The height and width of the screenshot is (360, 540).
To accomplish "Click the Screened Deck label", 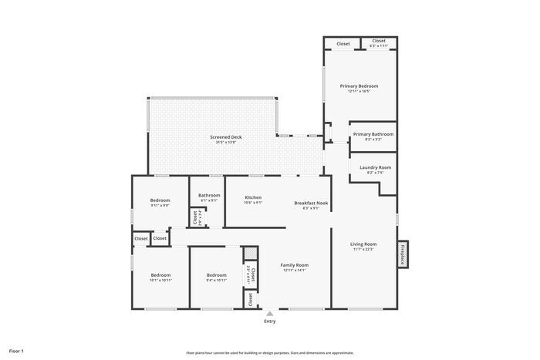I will [226, 137].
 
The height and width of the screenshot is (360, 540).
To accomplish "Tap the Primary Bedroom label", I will [359, 86].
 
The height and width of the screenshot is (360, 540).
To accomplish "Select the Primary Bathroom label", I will [373, 134].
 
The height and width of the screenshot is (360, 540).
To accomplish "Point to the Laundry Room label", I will [375, 167].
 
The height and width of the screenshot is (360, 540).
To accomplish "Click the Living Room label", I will [364, 244].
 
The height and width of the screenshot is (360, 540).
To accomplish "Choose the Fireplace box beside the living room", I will [402, 254].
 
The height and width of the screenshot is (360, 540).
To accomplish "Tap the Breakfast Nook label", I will [311, 203].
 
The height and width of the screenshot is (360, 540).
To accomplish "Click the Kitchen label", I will [254, 197].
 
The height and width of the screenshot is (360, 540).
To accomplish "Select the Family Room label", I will [295, 264].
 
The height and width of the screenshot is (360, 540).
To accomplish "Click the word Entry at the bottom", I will [269, 321].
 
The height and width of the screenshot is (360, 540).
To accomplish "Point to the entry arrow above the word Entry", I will [269, 313].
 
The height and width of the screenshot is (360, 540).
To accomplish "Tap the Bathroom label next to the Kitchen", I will [209, 195].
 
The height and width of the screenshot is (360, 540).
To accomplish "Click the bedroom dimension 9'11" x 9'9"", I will [160, 206].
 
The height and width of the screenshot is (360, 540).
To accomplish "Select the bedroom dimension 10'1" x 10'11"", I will [160, 281].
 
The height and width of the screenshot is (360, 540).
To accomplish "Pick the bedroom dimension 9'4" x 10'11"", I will [216, 281].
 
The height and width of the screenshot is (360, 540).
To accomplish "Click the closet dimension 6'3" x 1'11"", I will [379, 46].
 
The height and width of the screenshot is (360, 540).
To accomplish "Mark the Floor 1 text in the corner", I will [16, 351].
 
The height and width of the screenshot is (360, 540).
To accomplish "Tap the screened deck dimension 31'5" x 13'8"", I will [226, 143].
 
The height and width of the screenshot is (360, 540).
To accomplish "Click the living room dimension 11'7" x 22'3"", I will [364, 249].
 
